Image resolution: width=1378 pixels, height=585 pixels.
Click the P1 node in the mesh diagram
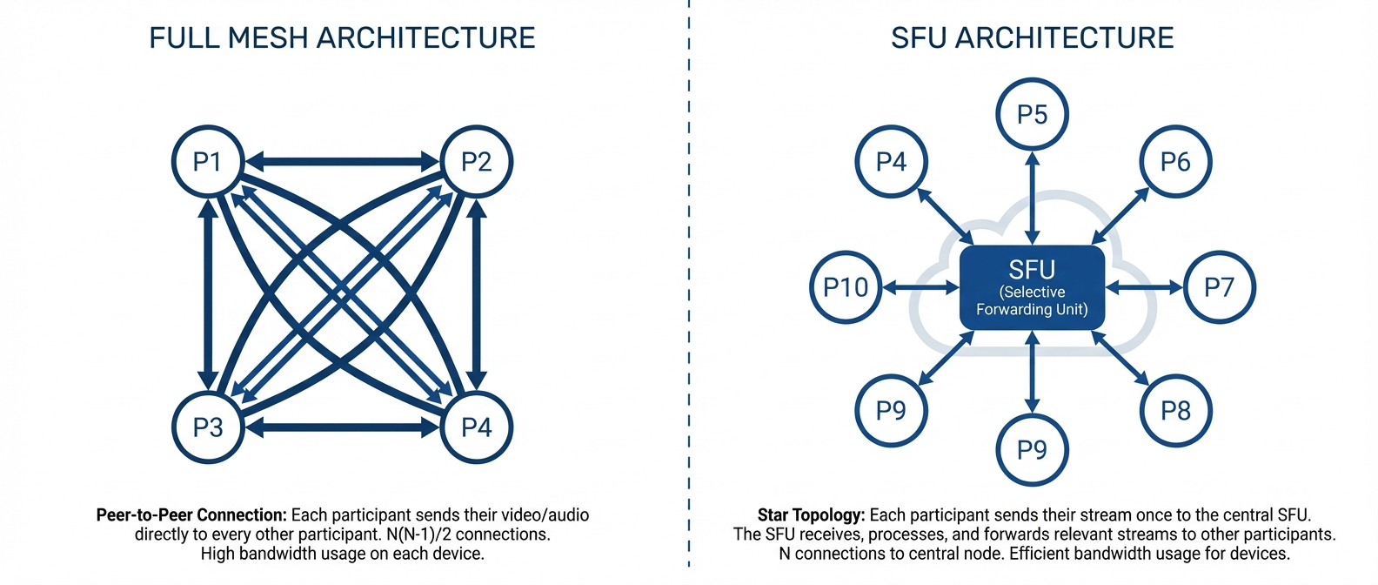point(207,161)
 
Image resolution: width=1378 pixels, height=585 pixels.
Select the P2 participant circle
point(477,161)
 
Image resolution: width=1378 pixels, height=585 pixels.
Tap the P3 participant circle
point(207,427)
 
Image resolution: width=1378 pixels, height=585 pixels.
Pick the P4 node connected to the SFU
point(891,161)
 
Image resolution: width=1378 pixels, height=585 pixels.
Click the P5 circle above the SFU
point(1032,114)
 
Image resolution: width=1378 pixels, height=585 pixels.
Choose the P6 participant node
point(1175,161)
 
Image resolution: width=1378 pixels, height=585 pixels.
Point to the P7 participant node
point(1219,287)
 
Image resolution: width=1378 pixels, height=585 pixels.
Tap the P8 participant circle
point(1175,410)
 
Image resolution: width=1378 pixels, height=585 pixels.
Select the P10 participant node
point(846,287)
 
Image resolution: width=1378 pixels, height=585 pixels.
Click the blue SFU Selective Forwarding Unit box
point(1032,288)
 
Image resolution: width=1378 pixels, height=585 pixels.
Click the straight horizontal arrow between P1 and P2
point(342,161)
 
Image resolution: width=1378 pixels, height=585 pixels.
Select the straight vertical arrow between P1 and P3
point(208,294)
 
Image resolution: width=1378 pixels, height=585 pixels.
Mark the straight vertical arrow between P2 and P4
point(476,294)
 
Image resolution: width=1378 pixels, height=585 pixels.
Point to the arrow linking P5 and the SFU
point(1032,198)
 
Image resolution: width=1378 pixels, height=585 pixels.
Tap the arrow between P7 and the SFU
point(1144,287)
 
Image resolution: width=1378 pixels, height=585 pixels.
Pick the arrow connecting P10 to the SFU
point(920,287)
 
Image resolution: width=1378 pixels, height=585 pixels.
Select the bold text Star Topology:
point(811,515)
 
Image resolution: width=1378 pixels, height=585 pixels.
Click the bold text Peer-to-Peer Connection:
point(191,515)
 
